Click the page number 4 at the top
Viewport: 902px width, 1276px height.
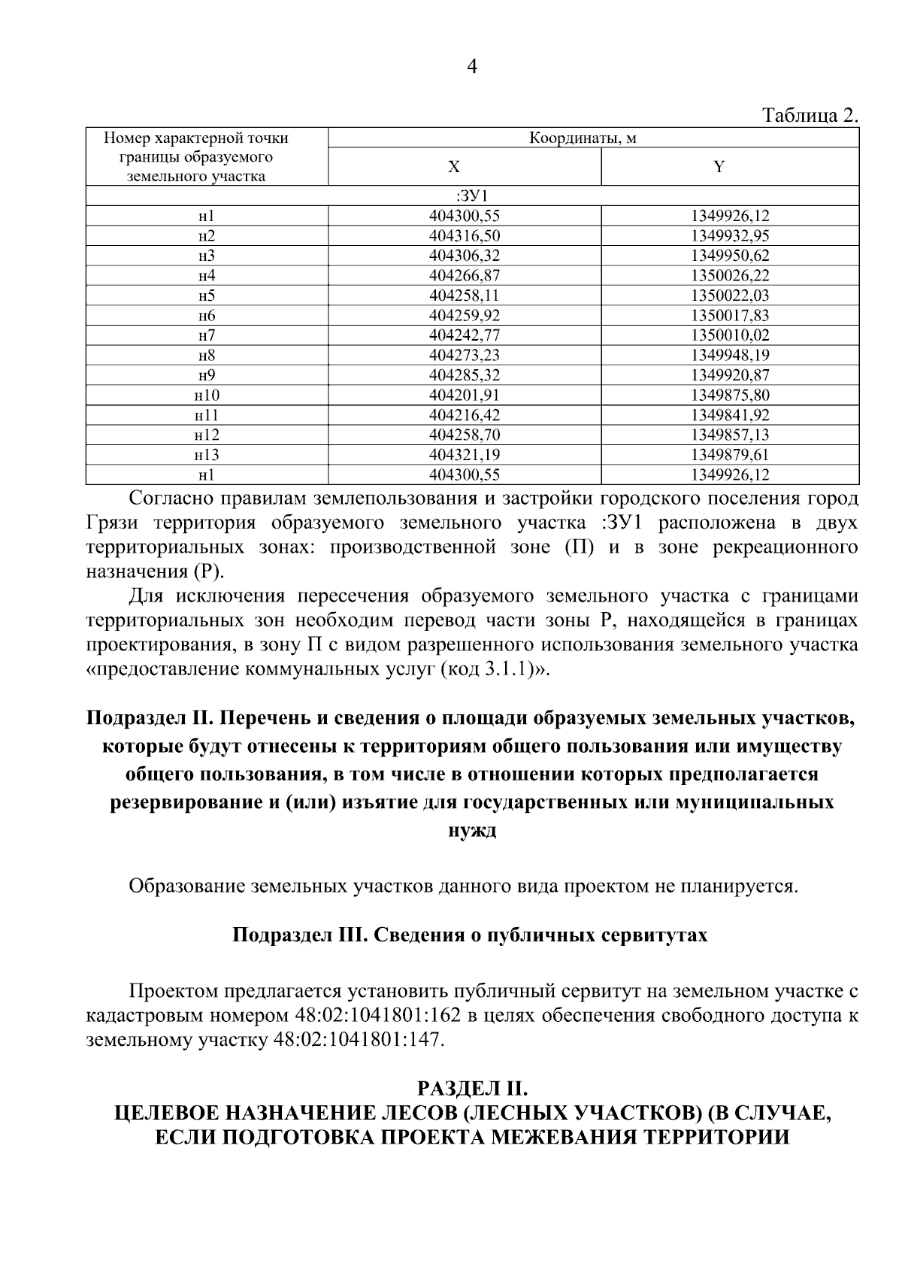point(472,68)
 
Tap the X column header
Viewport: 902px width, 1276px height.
point(454,167)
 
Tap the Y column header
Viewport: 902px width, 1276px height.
point(719,167)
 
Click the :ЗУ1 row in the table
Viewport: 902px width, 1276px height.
point(472,196)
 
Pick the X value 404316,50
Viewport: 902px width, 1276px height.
point(465,236)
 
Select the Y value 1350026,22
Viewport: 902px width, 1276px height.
point(730,276)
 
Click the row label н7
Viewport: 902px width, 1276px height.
point(207,335)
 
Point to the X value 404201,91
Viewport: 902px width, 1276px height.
point(465,395)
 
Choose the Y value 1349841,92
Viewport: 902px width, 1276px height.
point(730,415)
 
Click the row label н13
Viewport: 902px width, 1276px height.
point(207,455)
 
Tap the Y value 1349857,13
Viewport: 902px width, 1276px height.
point(730,435)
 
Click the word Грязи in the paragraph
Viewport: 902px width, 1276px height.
point(113,523)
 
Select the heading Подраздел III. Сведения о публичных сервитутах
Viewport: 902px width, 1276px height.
point(470,935)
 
